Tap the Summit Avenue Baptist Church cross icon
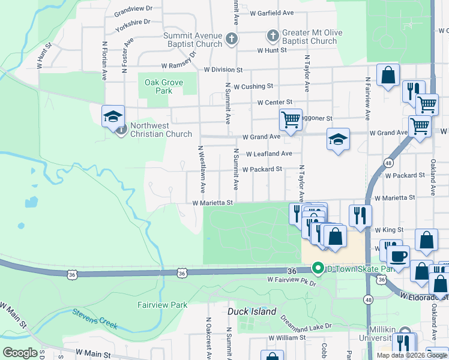coord(232,40)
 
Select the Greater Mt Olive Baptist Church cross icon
coord(273,36)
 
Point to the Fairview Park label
coord(163,305)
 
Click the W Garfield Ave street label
coord(272,13)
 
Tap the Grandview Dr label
coord(133,10)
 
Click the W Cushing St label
coord(253,86)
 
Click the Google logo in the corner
coord(20,353)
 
